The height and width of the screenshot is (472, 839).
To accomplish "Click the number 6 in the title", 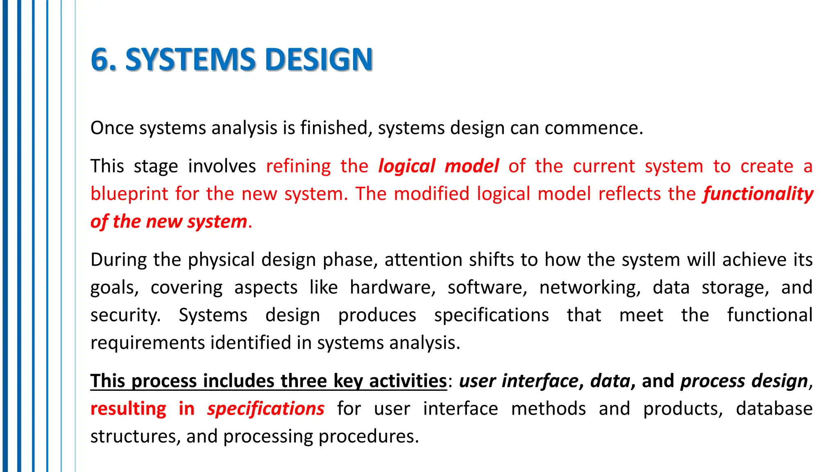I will [100, 60].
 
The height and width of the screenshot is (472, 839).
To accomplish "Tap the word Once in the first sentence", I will [112, 128].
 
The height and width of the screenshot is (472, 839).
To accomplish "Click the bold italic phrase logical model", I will [438, 166].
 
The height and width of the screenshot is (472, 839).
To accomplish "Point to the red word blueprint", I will [129, 193].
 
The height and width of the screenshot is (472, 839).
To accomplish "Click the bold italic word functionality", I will [758, 193].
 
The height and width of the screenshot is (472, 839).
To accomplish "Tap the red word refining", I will [298, 166].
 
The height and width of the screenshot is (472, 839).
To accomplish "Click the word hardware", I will [392, 287].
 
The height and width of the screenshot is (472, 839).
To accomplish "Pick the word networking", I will [590, 287].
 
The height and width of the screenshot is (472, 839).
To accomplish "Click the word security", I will [125, 315].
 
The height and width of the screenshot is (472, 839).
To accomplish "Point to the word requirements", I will [147, 343].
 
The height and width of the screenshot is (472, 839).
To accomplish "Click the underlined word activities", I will [408, 381].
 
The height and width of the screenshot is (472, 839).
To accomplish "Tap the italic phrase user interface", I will [519, 381].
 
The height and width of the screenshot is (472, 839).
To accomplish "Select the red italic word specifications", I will [265, 408].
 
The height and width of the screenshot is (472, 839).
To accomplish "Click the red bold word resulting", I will [128, 408].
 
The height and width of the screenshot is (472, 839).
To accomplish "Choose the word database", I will [774, 408].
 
